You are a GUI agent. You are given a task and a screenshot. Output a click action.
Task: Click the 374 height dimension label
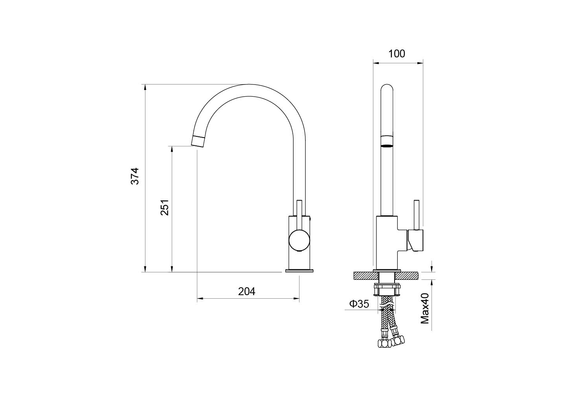135,176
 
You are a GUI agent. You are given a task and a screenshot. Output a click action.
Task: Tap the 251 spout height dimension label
165,208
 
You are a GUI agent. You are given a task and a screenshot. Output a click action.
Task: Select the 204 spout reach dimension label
247,291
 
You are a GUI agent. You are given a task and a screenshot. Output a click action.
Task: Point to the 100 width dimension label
397,54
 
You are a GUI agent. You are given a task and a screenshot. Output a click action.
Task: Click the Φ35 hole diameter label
359,304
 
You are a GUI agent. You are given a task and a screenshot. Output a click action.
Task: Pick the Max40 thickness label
425,308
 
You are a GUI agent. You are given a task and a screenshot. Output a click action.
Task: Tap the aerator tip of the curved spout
198,141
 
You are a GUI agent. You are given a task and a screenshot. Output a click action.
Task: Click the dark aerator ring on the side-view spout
387,145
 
